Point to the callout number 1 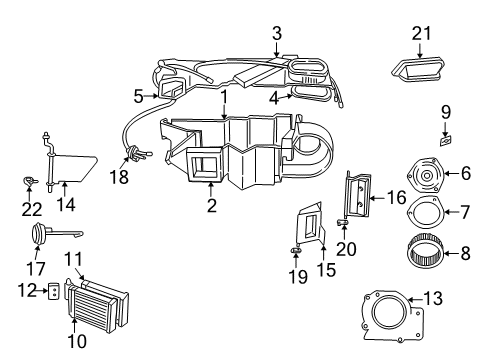[226, 98]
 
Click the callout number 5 [138, 96]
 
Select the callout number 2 [212, 206]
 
